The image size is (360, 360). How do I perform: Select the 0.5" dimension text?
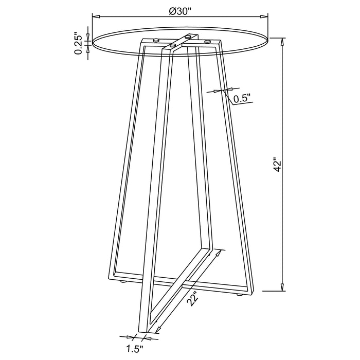242,98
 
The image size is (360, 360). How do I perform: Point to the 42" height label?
278,165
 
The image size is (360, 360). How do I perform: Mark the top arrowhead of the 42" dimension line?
282,41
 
